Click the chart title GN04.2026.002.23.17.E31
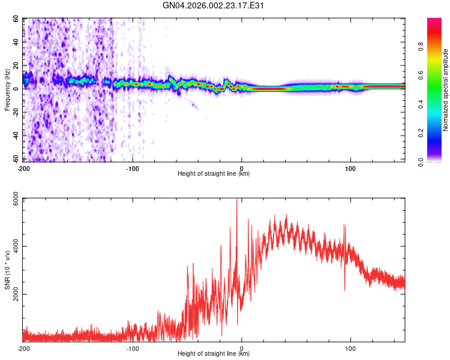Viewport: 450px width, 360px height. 214,5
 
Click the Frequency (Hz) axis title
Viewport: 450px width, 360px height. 7,90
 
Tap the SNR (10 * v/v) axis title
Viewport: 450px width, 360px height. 7,270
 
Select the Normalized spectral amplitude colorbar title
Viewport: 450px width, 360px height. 446,90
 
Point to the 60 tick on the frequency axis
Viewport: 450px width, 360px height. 15,19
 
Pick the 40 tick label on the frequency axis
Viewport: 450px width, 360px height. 15,43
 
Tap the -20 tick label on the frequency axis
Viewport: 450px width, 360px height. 14,112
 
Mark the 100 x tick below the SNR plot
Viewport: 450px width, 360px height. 350,349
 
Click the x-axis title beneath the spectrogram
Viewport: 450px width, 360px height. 214,174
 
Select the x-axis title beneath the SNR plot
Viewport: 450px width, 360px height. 214,354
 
